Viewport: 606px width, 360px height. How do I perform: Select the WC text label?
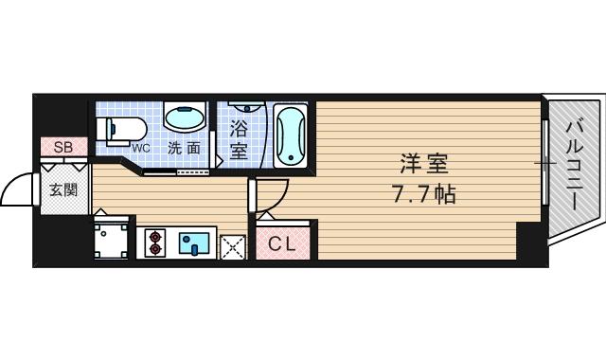140,148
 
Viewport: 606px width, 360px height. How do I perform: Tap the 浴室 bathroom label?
239,138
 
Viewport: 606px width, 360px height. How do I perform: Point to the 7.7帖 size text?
422,195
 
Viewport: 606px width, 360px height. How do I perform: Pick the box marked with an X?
233,246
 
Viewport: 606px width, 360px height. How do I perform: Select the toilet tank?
103,127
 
